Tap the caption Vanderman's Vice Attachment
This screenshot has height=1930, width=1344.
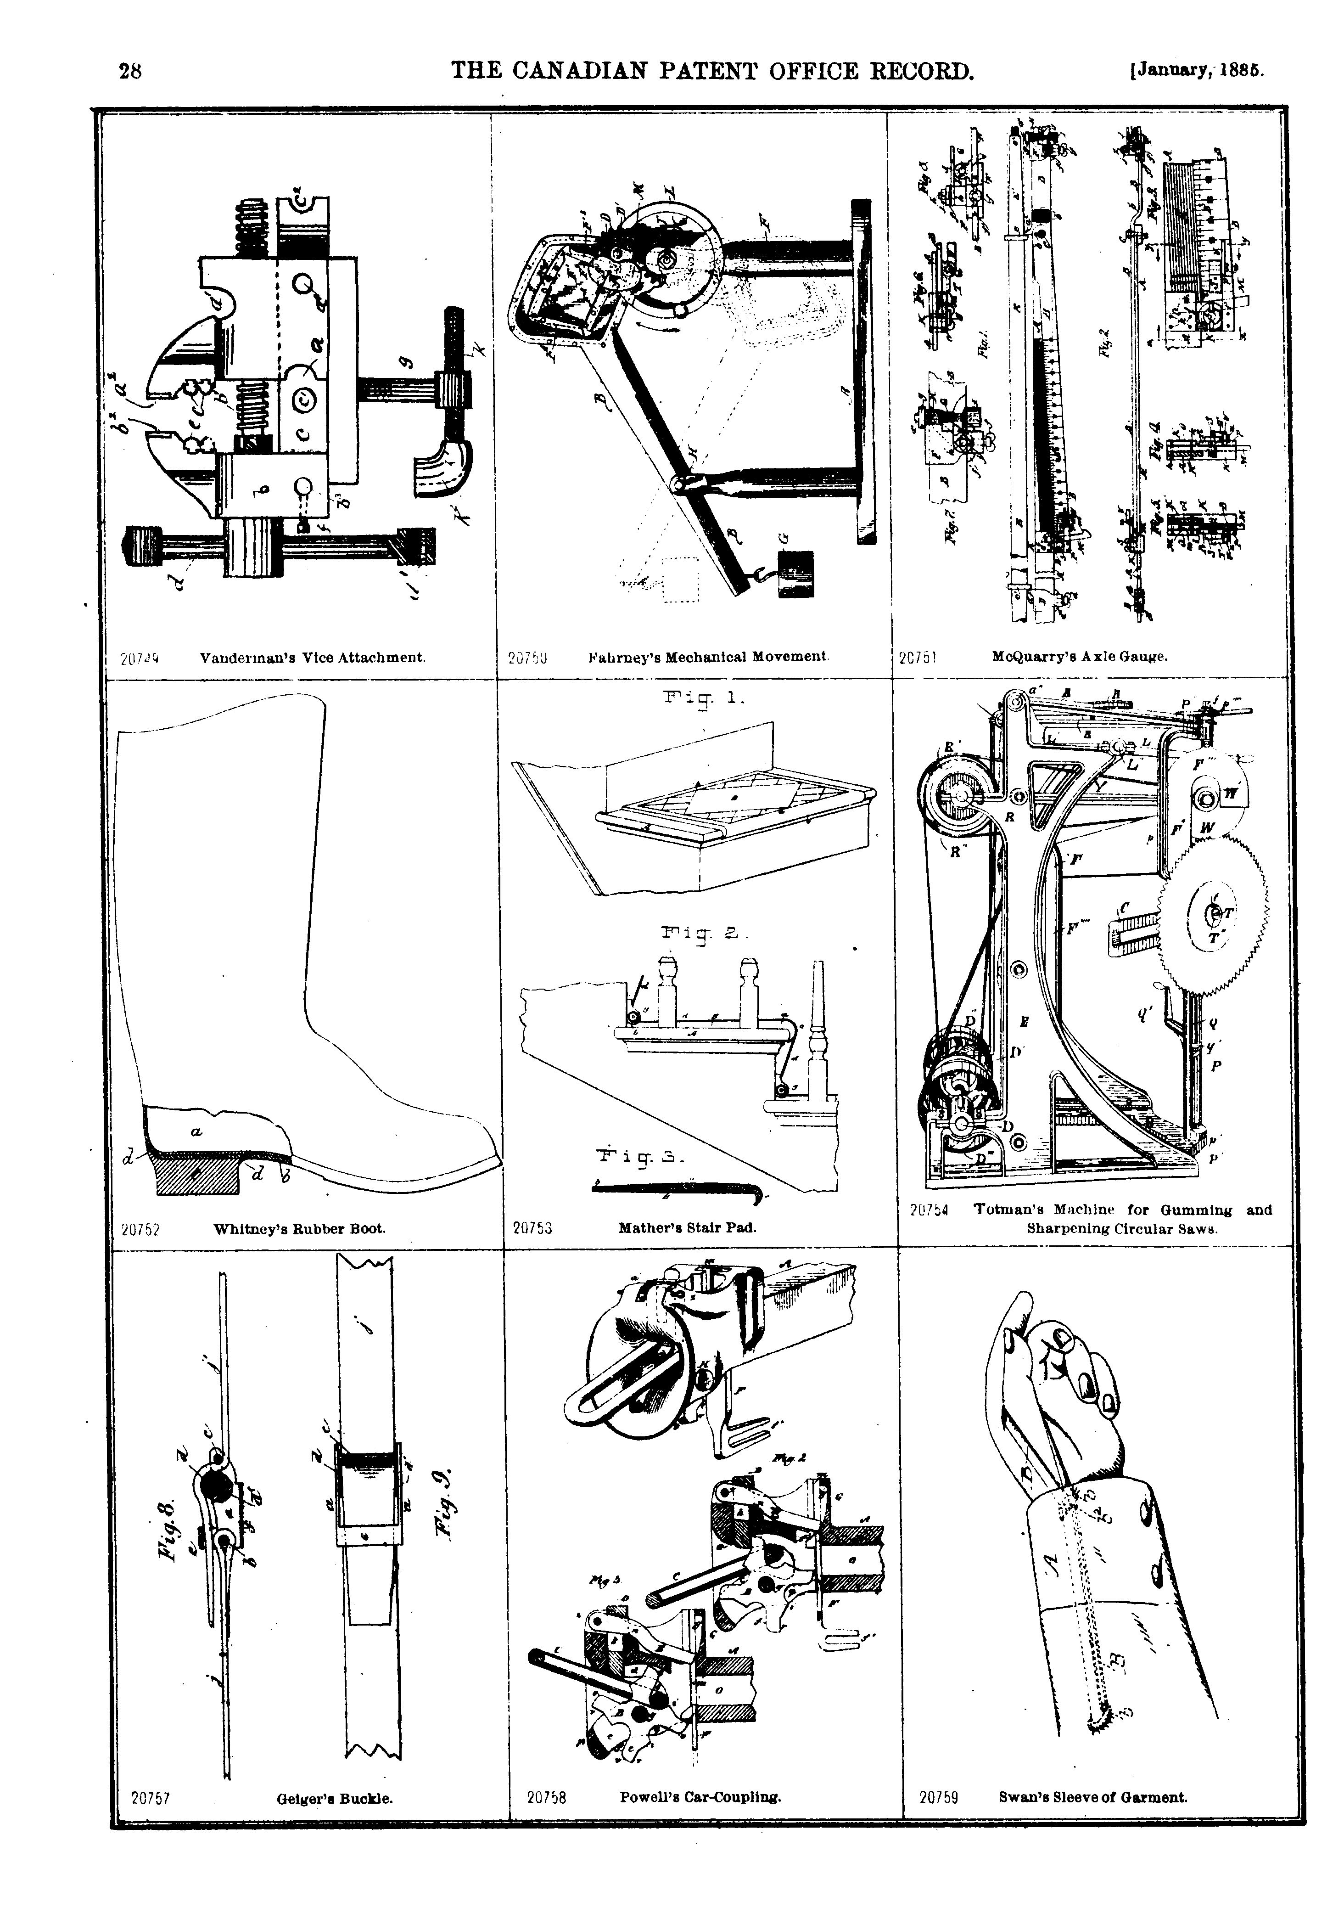click(313, 658)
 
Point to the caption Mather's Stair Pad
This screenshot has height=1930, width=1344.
click(687, 1227)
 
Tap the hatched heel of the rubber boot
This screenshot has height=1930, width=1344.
click(196, 1173)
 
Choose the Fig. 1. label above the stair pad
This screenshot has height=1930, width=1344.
click(704, 698)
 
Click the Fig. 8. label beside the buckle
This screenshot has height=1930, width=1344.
click(167, 1530)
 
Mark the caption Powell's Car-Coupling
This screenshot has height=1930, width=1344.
click(700, 1798)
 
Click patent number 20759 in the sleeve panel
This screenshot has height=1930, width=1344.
click(938, 1798)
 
